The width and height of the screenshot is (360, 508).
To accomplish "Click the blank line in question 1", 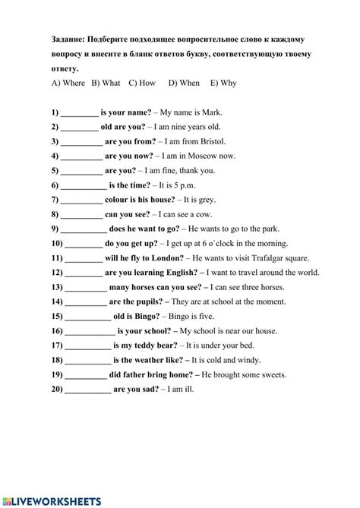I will point(80,113).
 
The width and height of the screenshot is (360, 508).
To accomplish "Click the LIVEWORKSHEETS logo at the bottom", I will point(52,501).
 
